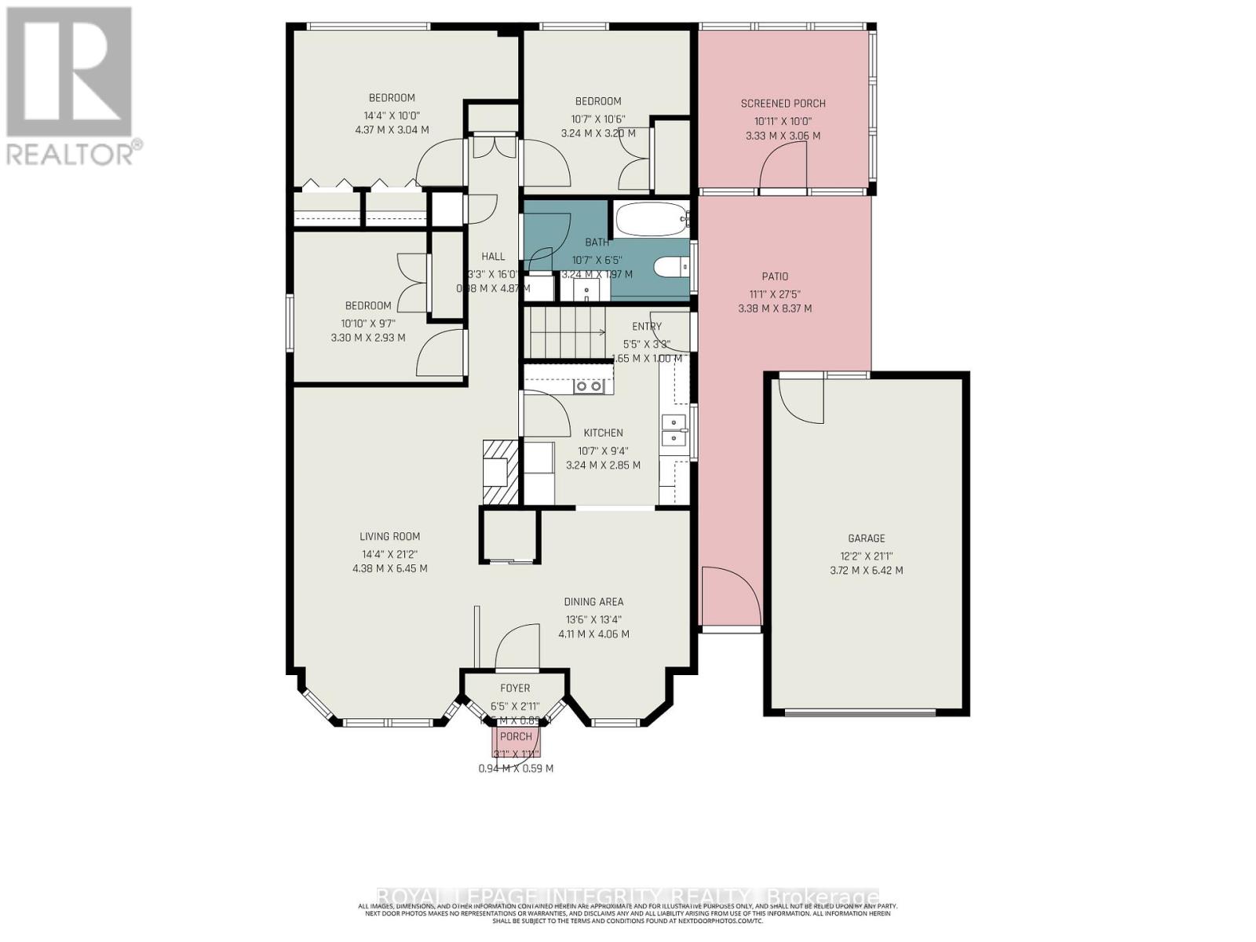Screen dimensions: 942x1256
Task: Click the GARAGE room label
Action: point(866,539)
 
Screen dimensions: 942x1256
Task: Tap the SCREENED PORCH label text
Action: point(783,104)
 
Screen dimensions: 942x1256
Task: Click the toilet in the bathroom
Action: point(671,268)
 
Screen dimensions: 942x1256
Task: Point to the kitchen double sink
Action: point(674,431)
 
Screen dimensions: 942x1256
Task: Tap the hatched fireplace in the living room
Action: point(500,471)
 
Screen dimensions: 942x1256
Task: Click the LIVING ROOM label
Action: point(389,537)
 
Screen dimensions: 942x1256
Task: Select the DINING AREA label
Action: point(593,602)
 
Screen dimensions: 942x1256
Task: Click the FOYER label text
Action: point(515,688)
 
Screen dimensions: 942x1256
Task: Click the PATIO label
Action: point(774,276)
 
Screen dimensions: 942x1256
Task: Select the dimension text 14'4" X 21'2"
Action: point(389,553)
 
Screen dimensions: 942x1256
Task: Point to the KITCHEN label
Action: point(603,433)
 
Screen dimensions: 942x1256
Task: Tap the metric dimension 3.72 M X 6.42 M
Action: point(866,571)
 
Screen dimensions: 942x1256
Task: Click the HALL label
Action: point(493,257)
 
